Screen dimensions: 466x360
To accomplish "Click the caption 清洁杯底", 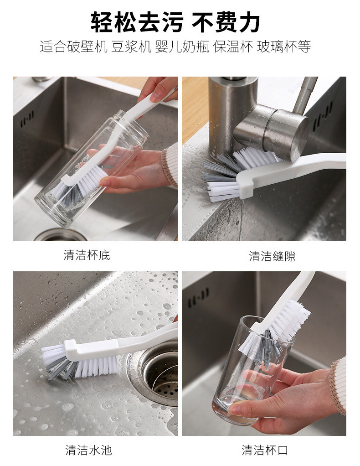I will pyautogui.click(x=87, y=255).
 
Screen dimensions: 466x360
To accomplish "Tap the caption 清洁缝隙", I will pyautogui.click(x=272, y=256).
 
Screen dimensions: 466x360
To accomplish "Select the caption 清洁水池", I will pyautogui.click(x=88, y=450).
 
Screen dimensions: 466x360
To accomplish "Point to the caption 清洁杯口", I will pyautogui.click(x=265, y=450).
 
